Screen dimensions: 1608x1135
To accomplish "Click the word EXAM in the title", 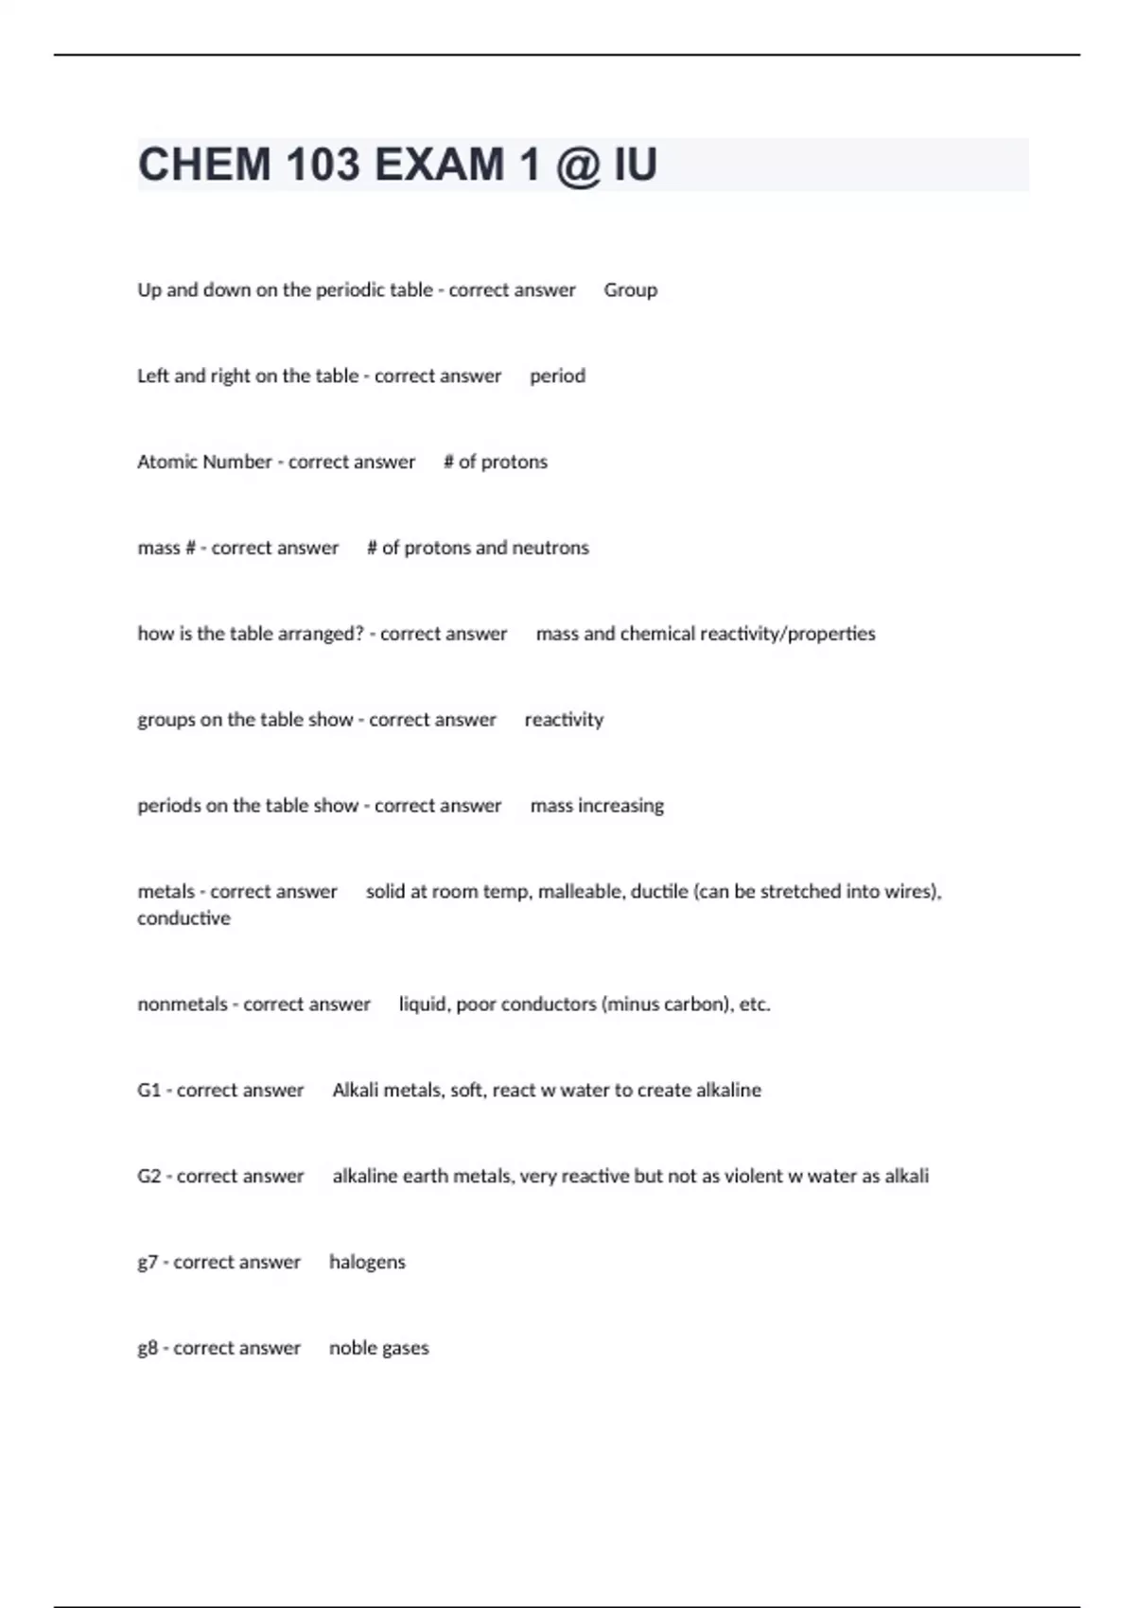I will coord(439,165).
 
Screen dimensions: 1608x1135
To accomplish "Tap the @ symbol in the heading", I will coord(579,165).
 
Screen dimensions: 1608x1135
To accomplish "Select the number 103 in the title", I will coord(323,165).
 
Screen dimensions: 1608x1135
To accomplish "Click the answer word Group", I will coord(630,290).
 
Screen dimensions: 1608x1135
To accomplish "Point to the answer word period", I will coord(557,376).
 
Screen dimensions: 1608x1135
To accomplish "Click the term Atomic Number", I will coord(204,462).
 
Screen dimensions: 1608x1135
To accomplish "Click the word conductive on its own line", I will coord(183,918).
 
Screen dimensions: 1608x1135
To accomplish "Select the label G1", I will coord(149,1091).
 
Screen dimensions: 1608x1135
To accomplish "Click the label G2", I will coord(149,1177).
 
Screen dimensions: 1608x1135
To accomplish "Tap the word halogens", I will coord(367,1263).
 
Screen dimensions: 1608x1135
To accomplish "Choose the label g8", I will coord(148,1349).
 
